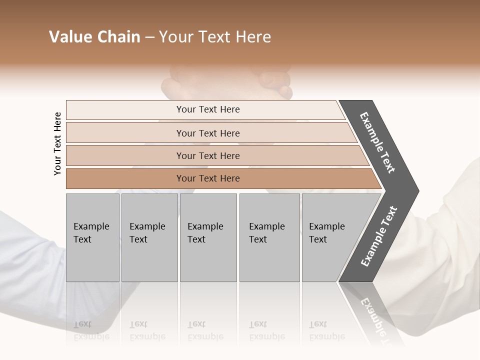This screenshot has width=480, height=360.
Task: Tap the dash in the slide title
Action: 149,37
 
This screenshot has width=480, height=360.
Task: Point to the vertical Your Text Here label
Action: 57,143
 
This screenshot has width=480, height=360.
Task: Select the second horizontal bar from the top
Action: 207,133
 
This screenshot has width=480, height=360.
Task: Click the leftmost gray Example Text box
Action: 92,237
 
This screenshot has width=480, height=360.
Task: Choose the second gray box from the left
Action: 149,237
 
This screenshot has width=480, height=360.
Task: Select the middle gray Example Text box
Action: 208,237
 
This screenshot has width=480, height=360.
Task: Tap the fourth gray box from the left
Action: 269,237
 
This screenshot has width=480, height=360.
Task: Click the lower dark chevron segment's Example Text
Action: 378,236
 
